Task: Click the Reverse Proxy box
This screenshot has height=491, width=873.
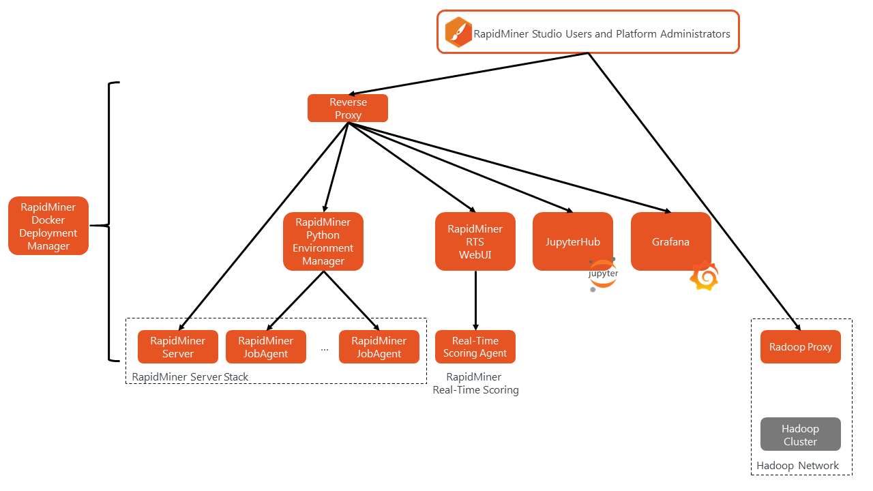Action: click(x=348, y=108)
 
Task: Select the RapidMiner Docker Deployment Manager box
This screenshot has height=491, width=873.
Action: click(x=48, y=226)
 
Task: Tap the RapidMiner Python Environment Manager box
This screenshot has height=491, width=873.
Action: click(x=323, y=241)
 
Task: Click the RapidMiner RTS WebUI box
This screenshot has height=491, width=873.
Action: click(x=475, y=241)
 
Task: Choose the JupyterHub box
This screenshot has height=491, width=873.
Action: click(x=572, y=241)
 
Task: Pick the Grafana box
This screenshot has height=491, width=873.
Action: click(x=670, y=241)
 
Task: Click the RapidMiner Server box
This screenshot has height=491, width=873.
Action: click(x=178, y=347)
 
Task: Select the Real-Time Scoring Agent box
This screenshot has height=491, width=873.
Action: click(x=475, y=347)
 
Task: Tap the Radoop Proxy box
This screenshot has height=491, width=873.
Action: click(x=801, y=347)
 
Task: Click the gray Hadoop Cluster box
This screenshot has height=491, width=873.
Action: click(x=801, y=434)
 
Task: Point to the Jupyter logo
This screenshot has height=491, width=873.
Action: click(x=603, y=275)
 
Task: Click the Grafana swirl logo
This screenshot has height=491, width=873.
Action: click(x=705, y=276)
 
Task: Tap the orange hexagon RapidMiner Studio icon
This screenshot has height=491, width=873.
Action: click(x=458, y=32)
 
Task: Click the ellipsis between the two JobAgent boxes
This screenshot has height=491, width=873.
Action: click(x=324, y=350)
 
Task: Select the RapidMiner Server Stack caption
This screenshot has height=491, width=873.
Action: click(x=190, y=377)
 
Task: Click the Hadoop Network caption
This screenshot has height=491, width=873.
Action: click(x=797, y=466)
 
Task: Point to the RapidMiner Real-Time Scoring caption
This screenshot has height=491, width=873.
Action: click(x=475, y=383)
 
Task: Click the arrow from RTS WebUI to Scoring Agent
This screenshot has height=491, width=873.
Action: click(x=475, y=301)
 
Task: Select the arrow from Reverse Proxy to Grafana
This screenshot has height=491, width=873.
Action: click(x=509, y=168)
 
